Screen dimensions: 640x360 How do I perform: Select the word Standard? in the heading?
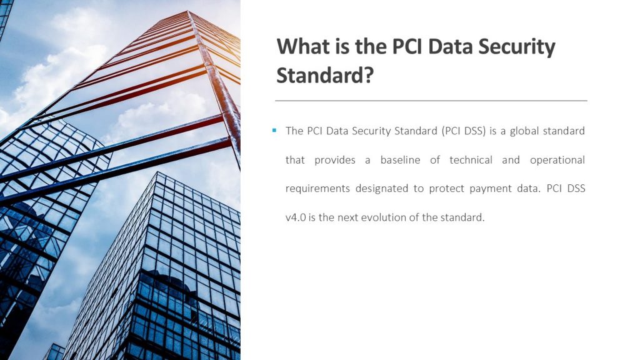click(x=325, y=75)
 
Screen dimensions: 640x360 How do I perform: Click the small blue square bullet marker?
click(x=274, y=131)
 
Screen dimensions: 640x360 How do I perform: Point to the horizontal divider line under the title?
click(x=431, y=101)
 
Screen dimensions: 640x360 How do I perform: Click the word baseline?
click(x=400, y=159)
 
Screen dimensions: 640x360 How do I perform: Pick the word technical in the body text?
click(x=471, y=159)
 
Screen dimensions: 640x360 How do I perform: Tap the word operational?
click(x=557, y=161)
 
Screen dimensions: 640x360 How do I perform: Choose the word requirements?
click(x=317, y=189)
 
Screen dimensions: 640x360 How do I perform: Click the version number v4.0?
click(x=296, y=217)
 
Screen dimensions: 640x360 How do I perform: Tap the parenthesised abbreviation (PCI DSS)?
click(x=463, y=131)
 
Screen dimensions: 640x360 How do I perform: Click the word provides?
click(x=335, y=161)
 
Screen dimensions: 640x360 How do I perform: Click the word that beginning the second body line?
click(x=295, y=159)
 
